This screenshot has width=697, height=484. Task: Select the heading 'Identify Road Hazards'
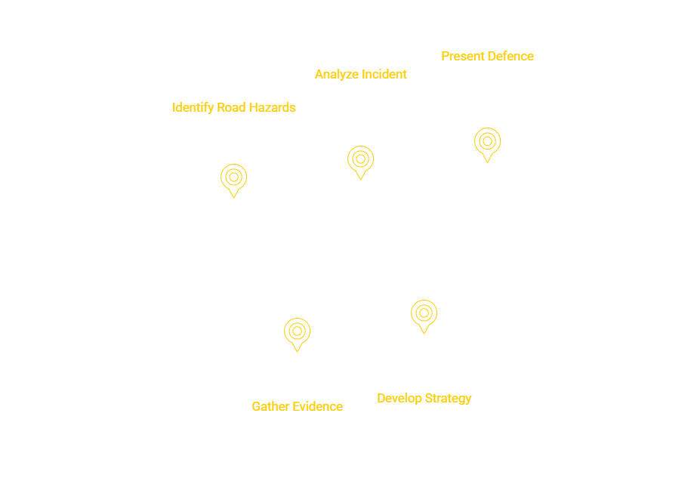point(234,108)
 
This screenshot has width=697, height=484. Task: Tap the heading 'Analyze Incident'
point(360,74)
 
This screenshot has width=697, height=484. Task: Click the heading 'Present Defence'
point(487,56)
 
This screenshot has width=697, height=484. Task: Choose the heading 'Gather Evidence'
point(297,406)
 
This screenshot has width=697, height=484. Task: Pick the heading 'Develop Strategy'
point(424,398)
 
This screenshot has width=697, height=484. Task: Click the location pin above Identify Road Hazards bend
point(234,178)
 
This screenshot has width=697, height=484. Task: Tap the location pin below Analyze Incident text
point(361,160)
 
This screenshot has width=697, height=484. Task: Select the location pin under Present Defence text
point(488,141)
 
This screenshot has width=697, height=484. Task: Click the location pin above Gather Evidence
point(298,331)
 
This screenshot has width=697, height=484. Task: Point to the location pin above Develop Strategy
point(424,313)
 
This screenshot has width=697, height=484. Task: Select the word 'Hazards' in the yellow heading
point(269,108)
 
